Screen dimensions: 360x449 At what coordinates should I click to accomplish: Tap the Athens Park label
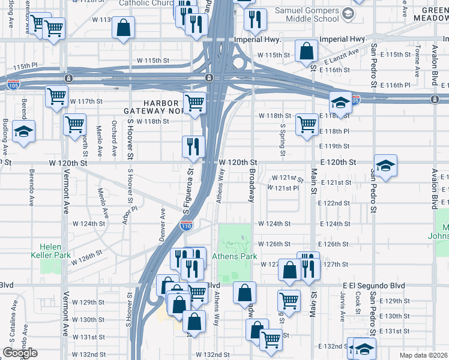[x=234, y=256]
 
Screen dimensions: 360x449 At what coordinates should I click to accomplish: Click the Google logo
[x=20, y=353]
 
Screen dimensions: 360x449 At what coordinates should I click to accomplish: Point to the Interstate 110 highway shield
[x=186, y=226]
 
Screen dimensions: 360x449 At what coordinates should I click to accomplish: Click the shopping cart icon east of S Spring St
[x=307, y=125]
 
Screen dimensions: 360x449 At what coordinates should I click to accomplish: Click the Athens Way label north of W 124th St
[x=221, y=184]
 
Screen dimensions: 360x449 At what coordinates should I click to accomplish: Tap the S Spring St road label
[x=282, y=137]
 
